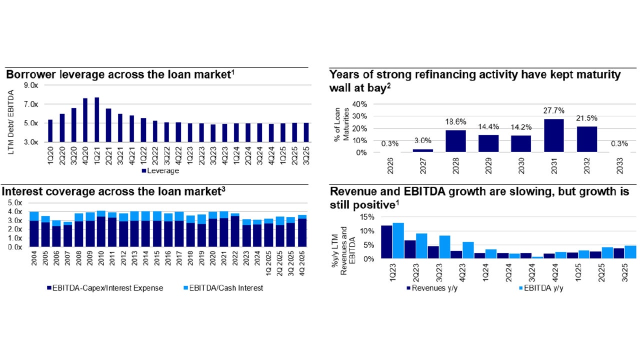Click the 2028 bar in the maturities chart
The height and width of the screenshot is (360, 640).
(x=454, y=141)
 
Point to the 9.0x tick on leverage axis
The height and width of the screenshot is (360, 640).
(x=31, y=85)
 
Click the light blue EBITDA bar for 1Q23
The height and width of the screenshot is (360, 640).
(x=398, y=241)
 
